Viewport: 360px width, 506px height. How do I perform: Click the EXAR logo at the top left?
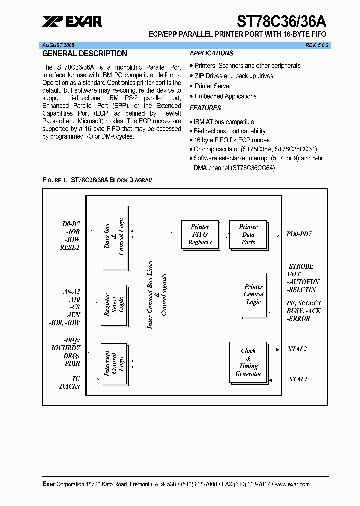72,21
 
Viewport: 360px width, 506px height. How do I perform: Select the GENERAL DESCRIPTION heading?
85,54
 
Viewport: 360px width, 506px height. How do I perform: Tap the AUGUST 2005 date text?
58,45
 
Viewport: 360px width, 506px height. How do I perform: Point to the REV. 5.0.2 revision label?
318,45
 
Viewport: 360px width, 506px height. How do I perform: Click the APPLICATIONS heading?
211,53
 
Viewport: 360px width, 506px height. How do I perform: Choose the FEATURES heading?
205,108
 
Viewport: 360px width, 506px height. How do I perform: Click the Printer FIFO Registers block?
200,234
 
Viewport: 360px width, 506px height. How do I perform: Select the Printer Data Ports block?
248,234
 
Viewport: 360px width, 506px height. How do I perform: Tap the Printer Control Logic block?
253,294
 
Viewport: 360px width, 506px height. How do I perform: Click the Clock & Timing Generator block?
248,362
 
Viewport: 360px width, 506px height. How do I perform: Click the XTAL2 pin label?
297,349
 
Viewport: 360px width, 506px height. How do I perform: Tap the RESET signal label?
69,248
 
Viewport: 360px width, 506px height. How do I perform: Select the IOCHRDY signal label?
65,348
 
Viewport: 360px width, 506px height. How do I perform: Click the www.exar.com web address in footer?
292,484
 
